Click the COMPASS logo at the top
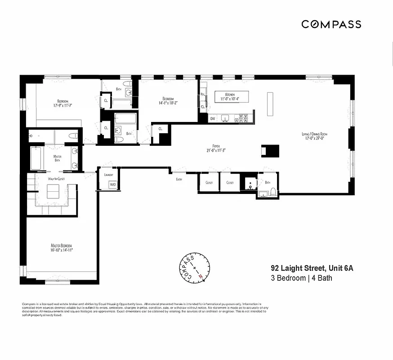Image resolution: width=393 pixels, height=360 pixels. coord(331,24)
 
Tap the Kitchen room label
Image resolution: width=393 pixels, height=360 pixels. coord(229,94)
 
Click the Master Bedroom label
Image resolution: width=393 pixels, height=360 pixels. coord(61,245)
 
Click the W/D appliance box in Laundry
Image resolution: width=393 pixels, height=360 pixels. coord(112,184)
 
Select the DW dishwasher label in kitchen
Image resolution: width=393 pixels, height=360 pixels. coord(213,119)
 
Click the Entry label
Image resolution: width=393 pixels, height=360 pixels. coord(179,179)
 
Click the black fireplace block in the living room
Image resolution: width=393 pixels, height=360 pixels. coord(267,151)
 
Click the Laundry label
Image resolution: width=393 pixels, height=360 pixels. coord(108,175)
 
